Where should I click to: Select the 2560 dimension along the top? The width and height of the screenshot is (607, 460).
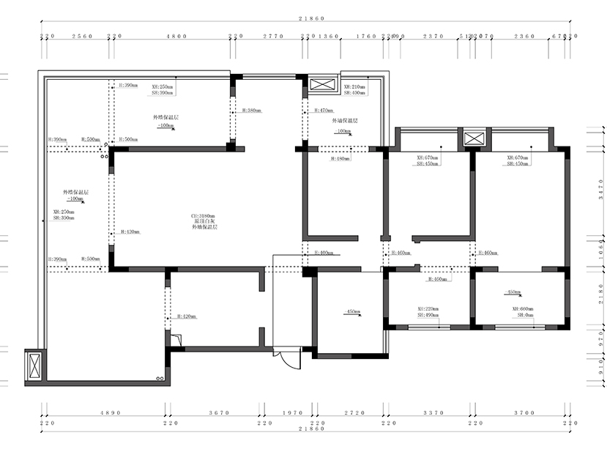[81, 36]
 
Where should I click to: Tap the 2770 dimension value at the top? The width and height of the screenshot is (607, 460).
[272, 36]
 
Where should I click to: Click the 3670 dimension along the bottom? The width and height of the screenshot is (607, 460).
[218, 413]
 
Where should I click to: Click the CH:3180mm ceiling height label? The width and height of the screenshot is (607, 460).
[203, 217]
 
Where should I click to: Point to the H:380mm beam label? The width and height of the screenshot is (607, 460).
[249, 111]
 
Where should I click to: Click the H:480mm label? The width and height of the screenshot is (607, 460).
[340, 158]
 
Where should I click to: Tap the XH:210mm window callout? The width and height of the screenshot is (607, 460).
[355, 86]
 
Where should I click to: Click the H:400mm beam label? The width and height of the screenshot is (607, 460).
[322, 253]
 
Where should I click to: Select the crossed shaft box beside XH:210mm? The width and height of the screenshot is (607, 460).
[321, 84]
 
